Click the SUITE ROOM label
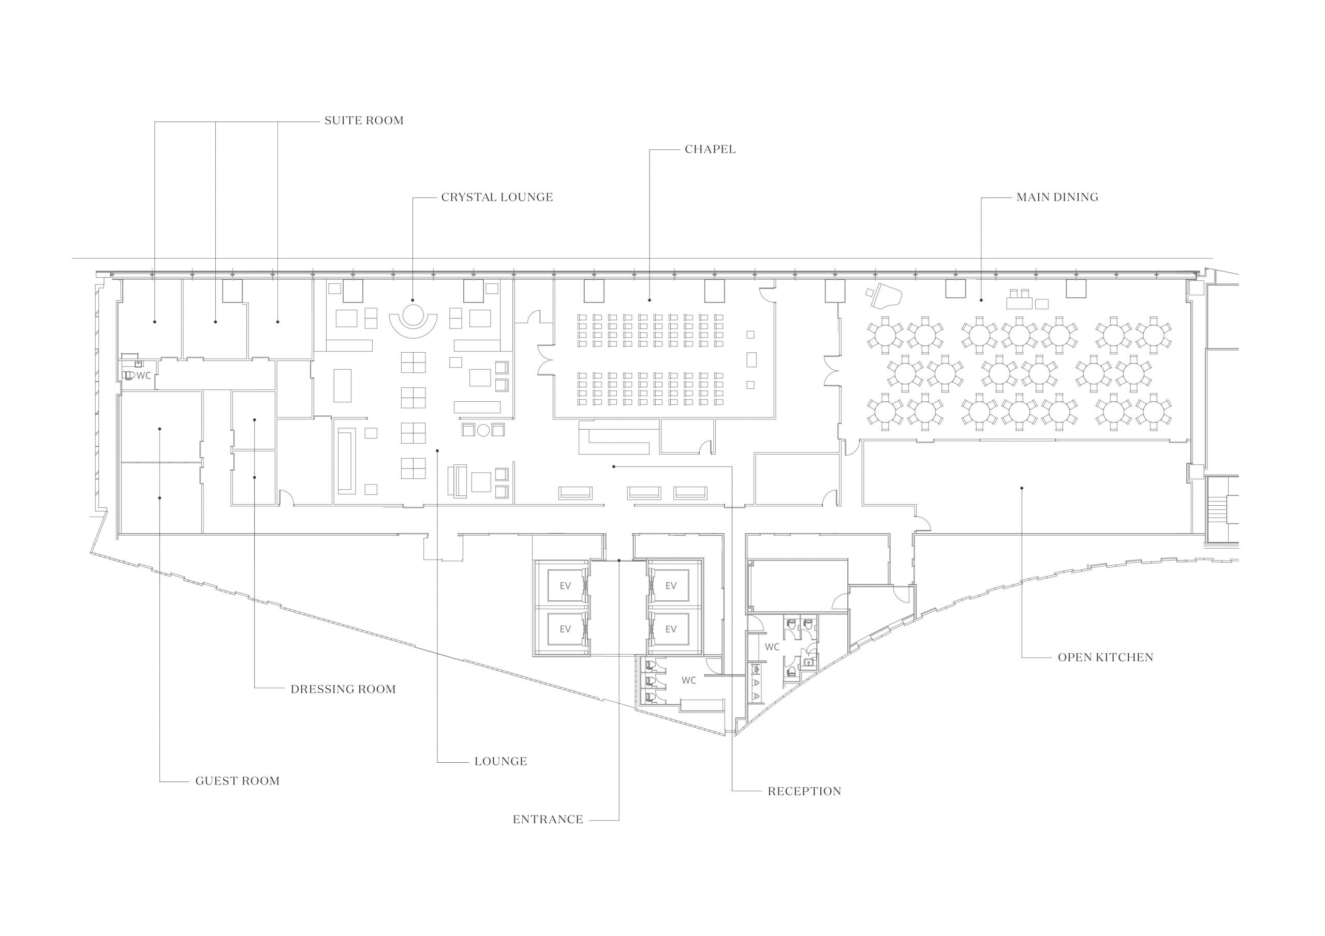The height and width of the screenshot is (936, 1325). point(363,120)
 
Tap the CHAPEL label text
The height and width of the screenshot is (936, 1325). point(710,149)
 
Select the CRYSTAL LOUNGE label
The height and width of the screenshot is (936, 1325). point(497,197)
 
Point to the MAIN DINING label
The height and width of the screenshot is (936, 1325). point(1057,197)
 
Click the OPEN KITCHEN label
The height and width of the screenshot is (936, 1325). point(1105,657)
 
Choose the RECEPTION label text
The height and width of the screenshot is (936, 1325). point(804,791)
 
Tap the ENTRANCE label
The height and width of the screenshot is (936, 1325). point(548,820)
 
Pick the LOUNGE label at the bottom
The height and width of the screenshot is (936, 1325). point(500,761)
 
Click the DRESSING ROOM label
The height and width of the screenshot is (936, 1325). point(343,689)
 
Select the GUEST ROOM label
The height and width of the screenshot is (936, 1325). point(237,781)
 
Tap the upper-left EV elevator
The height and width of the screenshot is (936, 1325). point(565,586)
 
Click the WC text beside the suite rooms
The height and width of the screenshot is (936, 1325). point(144,376)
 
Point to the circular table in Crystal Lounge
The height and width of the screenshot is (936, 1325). point(413,315)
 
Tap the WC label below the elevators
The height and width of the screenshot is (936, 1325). point(688,681)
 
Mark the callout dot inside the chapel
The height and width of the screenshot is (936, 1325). point(649,300)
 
